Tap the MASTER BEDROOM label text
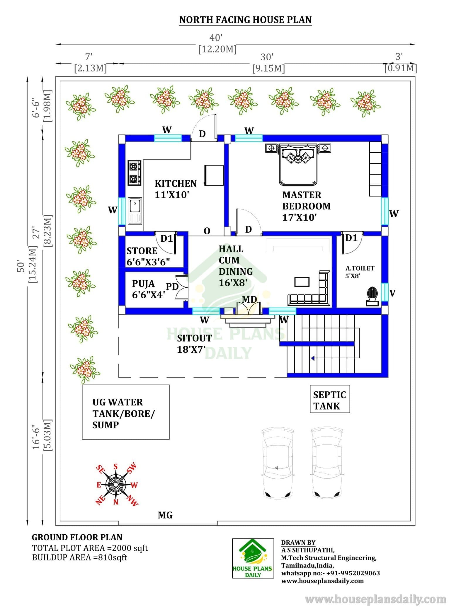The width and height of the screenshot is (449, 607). (x=306, y=200)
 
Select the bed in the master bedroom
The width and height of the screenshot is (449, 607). (x=298, y=164)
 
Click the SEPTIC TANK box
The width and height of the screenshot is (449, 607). (x=330, y=399)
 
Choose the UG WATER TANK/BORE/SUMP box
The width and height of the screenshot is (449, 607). (x=126, y=412)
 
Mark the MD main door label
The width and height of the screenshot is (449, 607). (x=249, y=299)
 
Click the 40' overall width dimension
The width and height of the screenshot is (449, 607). (x=216, y=38)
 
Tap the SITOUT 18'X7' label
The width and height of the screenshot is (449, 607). (x=194, y=344)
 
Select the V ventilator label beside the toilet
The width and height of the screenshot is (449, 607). (x=393, y=293)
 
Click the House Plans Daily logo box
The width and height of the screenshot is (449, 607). (x=253, y=558)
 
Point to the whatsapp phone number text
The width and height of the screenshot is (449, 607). (x=331, y=573)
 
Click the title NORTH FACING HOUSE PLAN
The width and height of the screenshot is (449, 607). (x=245, y=20)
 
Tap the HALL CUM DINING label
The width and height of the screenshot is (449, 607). (x=236, y=266)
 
